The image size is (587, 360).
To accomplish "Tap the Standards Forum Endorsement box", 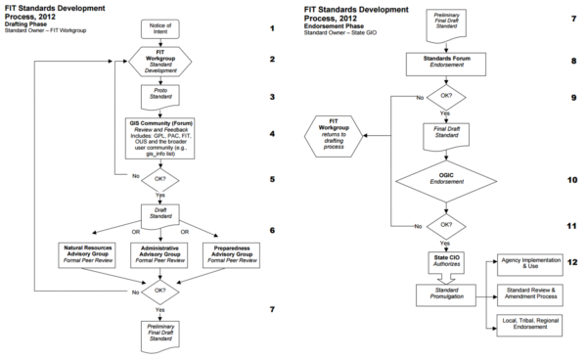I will tap(446, 63).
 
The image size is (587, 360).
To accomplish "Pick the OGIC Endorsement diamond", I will tap(446, 180).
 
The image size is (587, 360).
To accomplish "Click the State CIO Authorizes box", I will tap(446, 260).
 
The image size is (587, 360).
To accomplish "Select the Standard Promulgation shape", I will tap(446, 293).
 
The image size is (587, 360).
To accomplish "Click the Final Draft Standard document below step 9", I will tap(446, 134).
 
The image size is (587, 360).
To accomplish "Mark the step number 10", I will tap(572, 180).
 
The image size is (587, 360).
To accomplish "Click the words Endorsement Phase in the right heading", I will tap(339, 26).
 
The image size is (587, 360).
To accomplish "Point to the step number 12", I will tap(572, 262).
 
